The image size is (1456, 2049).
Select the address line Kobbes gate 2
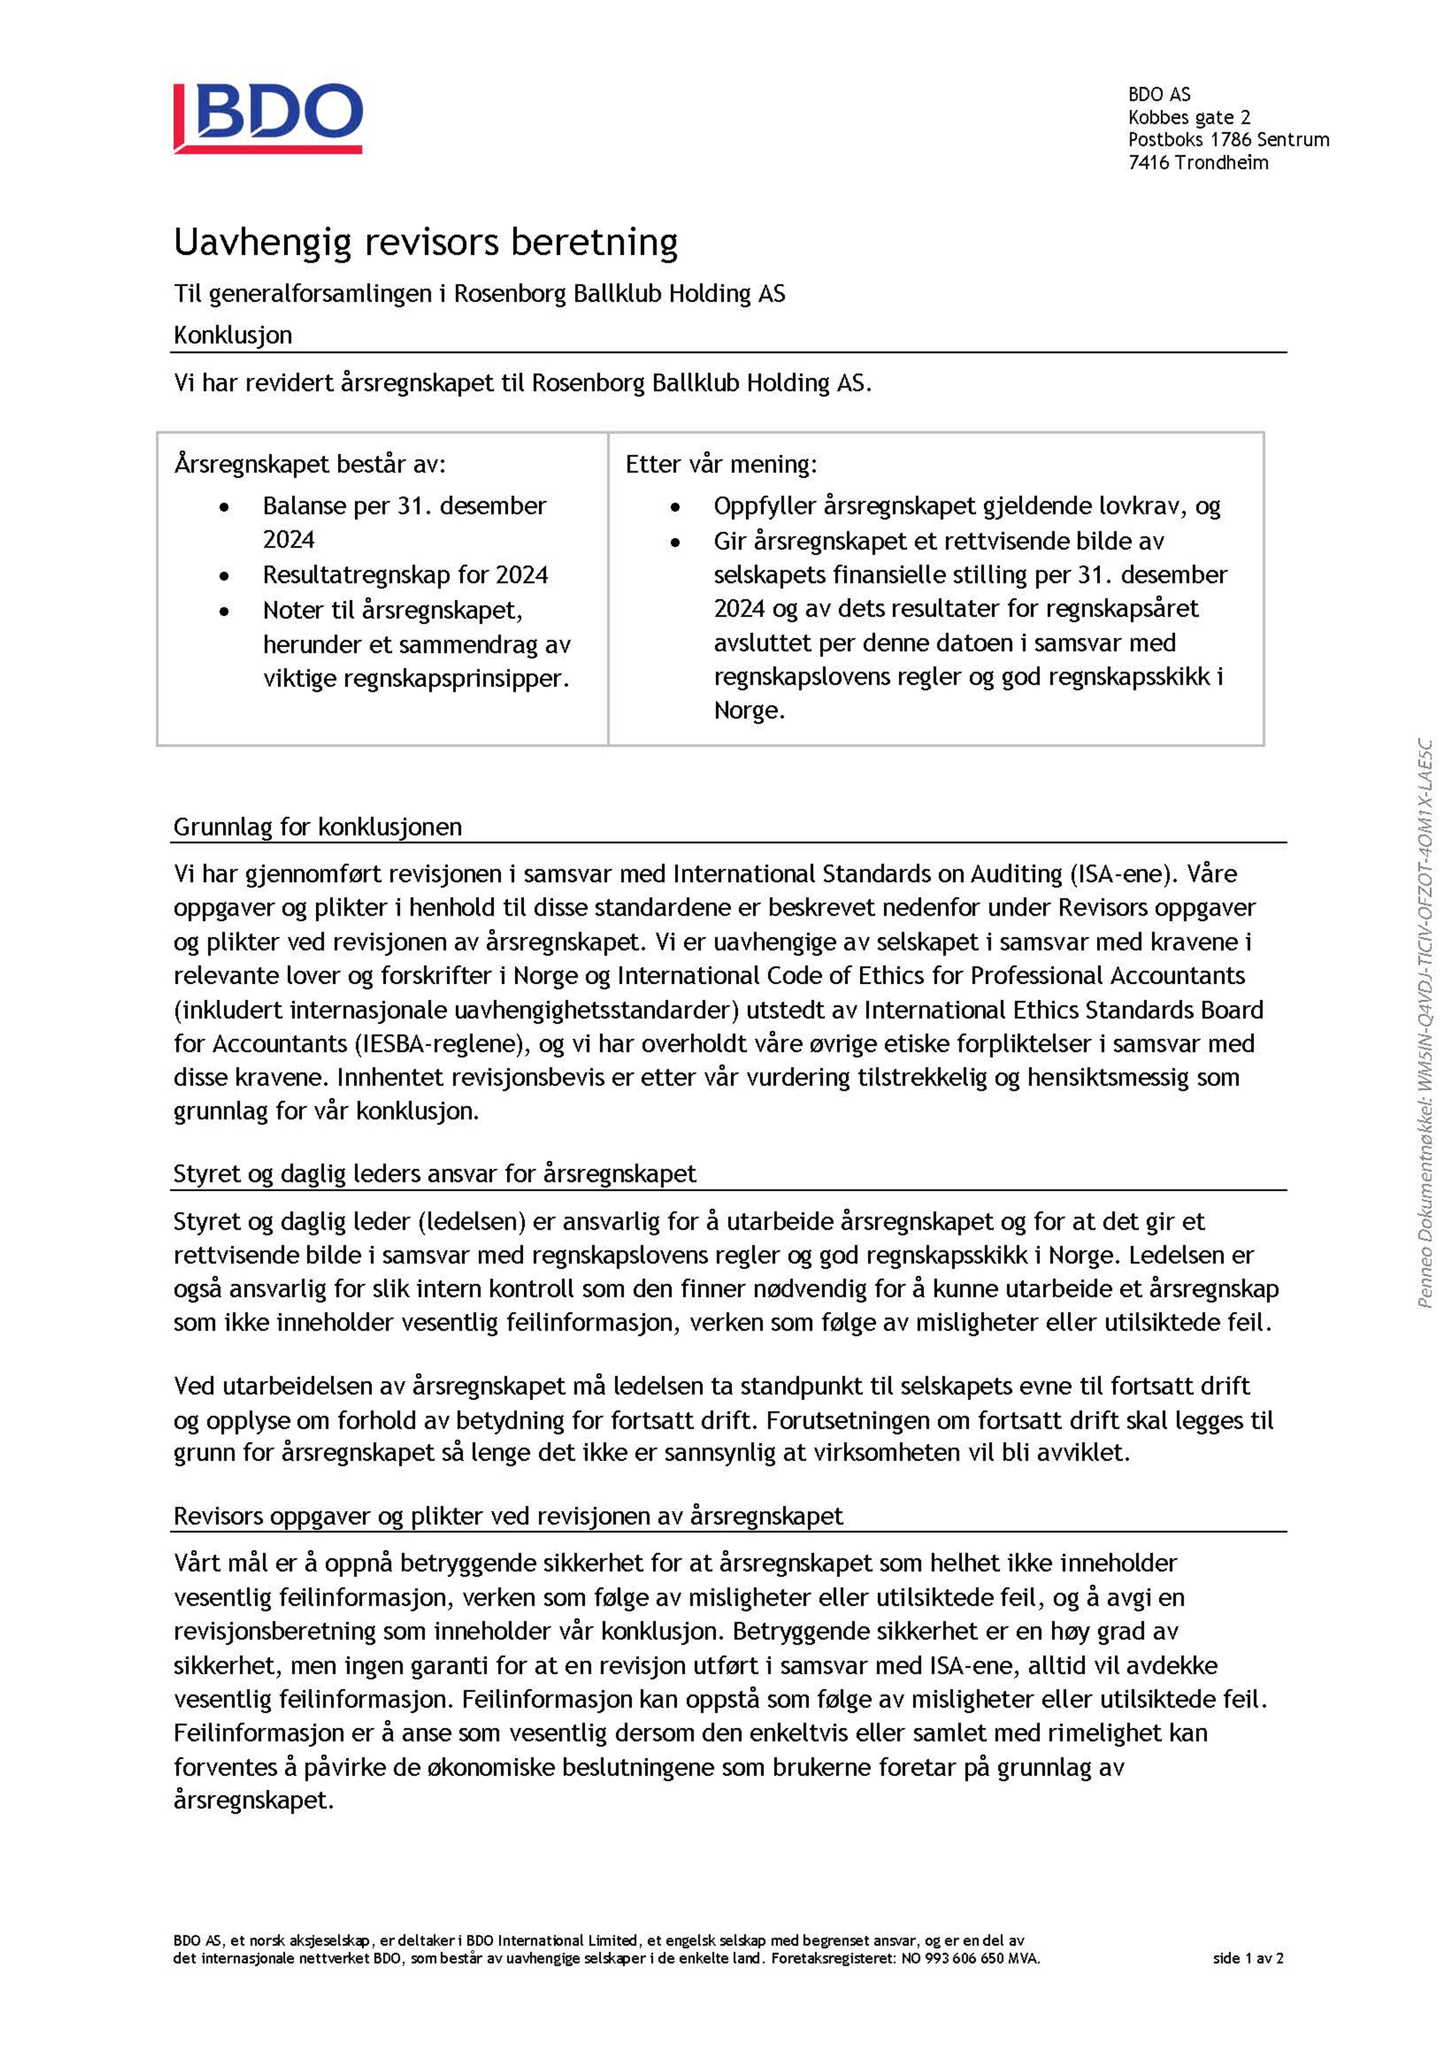1189,117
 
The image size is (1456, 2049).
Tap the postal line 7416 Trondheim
1198,162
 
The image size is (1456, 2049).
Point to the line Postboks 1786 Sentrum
1228,140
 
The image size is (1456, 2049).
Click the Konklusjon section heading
233,335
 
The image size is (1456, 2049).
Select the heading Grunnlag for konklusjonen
318,827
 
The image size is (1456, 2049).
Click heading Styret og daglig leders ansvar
434,1174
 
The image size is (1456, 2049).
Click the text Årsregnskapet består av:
309,465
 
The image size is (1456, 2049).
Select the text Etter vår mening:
721,465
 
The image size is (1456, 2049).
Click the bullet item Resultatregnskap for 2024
405,575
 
